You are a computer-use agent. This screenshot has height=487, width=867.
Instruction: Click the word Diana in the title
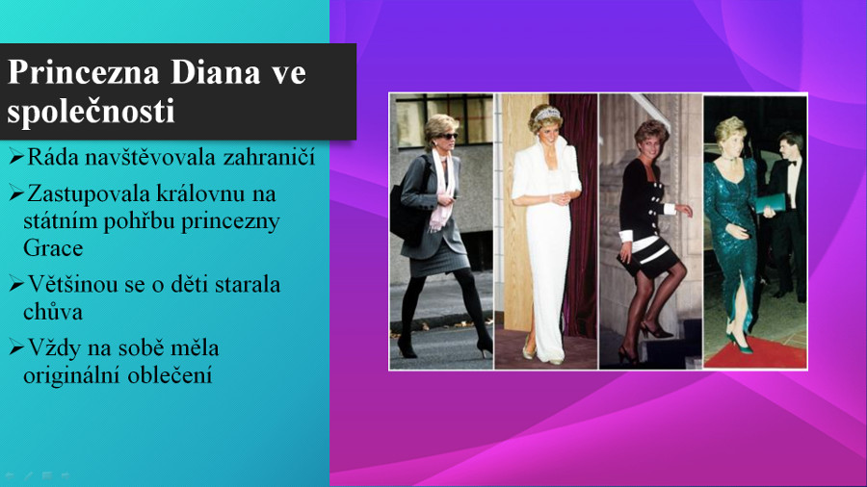[215, 72]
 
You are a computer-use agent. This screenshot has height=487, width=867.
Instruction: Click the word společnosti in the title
[91, 112]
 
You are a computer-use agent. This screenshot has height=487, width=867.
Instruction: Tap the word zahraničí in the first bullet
[269, 158]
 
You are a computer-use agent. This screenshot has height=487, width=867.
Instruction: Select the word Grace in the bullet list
[53, 247]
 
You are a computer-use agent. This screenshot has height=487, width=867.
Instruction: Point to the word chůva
[53, 312]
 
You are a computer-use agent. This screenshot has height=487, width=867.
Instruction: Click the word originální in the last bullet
[72, 376]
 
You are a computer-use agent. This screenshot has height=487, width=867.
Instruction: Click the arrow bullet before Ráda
[16, 157]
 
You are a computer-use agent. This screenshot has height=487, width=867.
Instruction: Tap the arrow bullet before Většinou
[16, 284]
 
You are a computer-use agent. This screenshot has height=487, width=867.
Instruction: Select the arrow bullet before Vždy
[16, 347]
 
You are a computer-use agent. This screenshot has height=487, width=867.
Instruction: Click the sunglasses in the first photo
[447, 136]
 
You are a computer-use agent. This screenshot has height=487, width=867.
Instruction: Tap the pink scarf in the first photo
[443, 191]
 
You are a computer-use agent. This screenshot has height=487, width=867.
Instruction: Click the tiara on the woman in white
[547, 114]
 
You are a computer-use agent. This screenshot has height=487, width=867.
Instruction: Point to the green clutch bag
[771, 203]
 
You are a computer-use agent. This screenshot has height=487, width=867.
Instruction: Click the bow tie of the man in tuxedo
[793, 163]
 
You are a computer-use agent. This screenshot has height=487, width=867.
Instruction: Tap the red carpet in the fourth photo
[756, 353]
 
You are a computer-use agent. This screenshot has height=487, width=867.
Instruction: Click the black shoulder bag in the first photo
[407, 213]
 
